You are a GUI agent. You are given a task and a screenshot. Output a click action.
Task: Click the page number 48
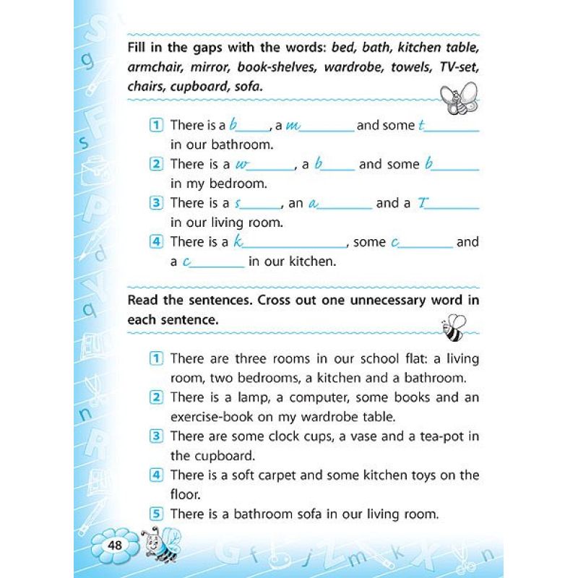(x=114, y=544)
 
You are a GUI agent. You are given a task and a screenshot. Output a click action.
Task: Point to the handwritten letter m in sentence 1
(x=293, y=126)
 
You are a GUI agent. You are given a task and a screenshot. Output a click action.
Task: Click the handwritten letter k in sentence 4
(x=238, y=241)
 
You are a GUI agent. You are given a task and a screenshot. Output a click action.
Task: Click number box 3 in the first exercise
(x=156, y=203)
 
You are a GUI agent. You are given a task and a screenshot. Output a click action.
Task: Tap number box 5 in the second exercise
(x=156, y=514)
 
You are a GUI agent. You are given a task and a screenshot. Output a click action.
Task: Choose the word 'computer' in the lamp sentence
(x=310, y=397)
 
